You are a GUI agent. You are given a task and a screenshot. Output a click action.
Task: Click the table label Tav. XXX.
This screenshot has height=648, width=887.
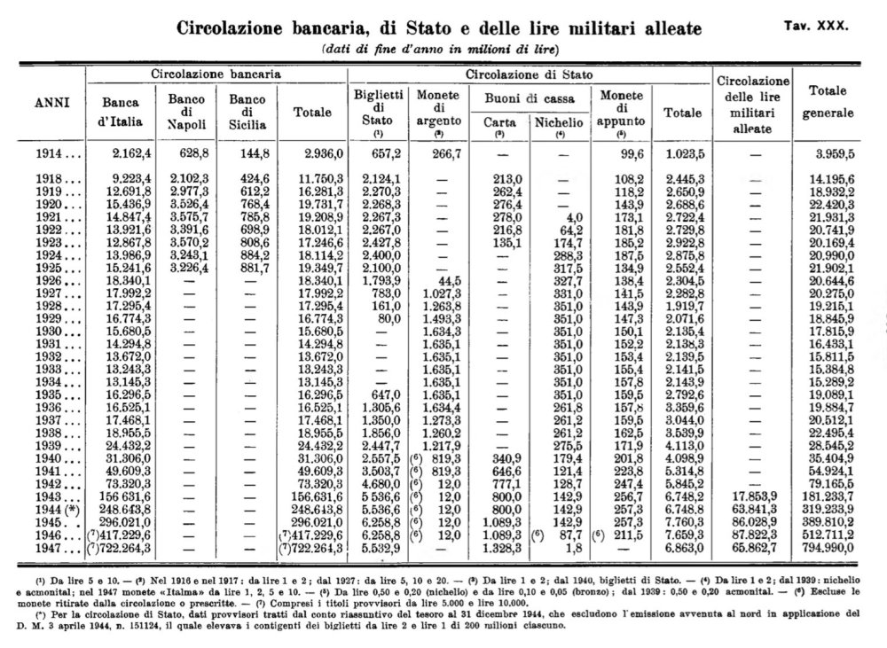click(816, 26)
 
